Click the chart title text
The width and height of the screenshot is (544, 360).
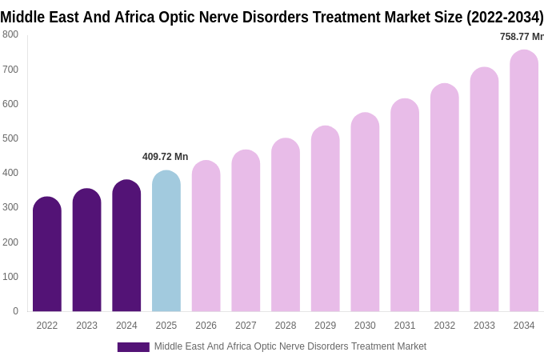pyautogui.click(x=272, y=17)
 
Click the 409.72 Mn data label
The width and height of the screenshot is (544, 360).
pyautogui.click(x=166, y=157)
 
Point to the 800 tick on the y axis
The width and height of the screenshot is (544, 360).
pyautogui.click(x=10, y=34)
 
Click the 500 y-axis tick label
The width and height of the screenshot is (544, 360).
pyautogui.click(x=10, y=138)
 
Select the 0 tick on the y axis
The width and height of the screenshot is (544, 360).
pyautogui.click(x=15, y=311)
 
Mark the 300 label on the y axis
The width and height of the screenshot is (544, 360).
pyautogui.click(x=10, y=207)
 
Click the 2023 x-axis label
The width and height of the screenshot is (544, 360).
pyautogui.click(x=86, y=326)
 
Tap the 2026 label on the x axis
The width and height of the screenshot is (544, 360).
pyautogui.click(x=206, y=326)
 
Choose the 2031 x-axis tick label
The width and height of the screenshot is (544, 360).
pyautogui.click(x=405, y=326)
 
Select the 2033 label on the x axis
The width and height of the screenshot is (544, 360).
pyautogui.click(x=484, y=326)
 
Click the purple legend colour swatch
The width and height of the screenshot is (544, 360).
pyautogui.click(x=133, y=347)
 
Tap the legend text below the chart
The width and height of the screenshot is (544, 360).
pyautogui.click(x=290, y=346)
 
